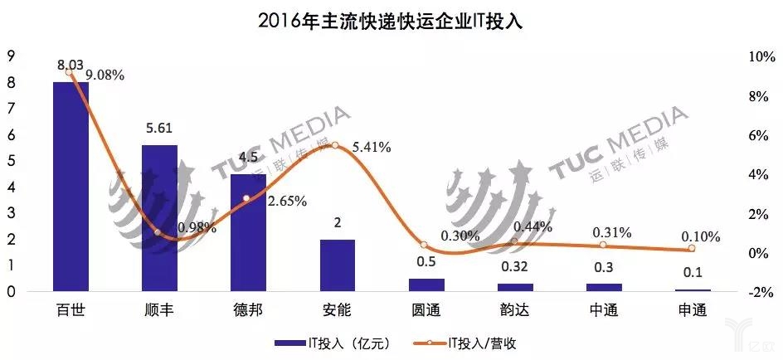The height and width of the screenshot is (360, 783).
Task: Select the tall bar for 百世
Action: (x=71, y=187)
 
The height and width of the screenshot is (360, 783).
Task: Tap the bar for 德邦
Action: (x=248, y=232)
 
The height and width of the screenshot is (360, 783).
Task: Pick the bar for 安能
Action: (x=337, y=265)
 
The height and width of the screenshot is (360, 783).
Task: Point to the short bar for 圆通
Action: (x=426, y=285)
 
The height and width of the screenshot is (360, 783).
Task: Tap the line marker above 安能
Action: (x=335, y=145)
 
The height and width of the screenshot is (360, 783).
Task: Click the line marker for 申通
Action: (x=691, y=249)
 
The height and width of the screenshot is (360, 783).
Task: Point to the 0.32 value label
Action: (x=514, y=269)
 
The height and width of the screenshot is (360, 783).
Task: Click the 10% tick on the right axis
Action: (x=761, y=57)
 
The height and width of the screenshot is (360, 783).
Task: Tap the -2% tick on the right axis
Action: (x=761, y=293)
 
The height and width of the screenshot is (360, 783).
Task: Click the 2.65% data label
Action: (x=288, y=201)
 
